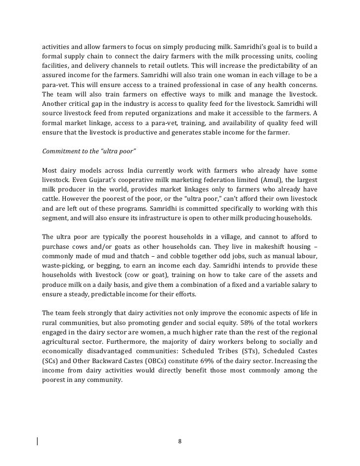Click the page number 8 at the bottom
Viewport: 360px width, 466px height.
[x=180, y=441]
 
